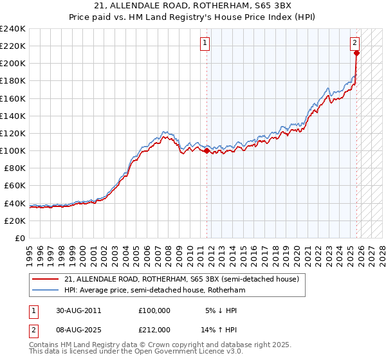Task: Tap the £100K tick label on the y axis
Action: click(12, 150)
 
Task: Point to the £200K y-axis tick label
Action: click(12, 63)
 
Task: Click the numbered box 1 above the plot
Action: click(205, 43)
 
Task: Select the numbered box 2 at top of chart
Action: click(354, 43)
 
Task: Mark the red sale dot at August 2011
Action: click(207, 150)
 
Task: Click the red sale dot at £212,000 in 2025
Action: click(356, 53)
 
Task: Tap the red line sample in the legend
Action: click(46, 280)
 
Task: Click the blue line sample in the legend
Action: click(46, 291)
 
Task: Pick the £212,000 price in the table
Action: click(154, 329)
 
